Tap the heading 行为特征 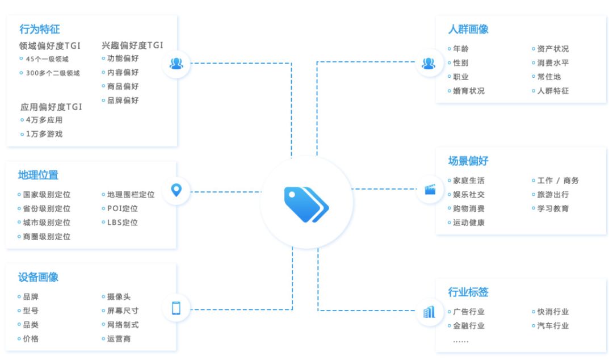40,29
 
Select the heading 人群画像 468,30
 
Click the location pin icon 177,190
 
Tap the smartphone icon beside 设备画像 177,308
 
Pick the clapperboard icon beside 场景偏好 429,189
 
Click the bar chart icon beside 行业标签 429,312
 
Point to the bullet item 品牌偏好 123,101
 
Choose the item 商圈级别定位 47,237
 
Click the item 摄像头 119,297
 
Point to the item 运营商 119,339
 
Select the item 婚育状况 469,91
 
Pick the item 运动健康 469,223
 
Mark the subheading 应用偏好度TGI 52,107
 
